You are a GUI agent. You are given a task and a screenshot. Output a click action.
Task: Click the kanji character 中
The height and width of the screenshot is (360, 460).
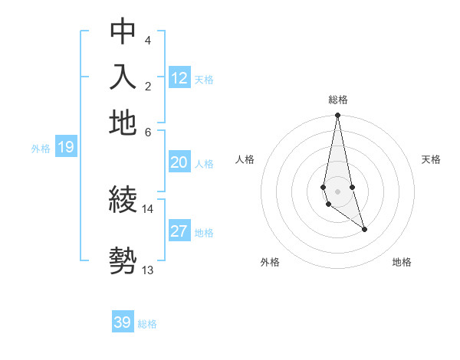pyautogui.click(x=123, y=31)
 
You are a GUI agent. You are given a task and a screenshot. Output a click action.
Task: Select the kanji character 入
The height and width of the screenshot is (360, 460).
pyautogui.click(x=123, y=77)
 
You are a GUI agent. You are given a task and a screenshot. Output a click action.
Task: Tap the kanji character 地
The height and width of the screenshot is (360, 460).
pyautogui.click(x=123, y=123)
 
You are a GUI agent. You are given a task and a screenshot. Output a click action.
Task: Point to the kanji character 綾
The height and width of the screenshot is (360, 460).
pyautogui.click(x=123, y=200)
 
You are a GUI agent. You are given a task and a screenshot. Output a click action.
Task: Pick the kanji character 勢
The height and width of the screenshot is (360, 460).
pyautogui.click(x=123, y=261)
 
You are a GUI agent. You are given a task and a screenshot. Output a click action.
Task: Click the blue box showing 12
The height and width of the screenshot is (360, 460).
pyautogui.click(x=179, y=78)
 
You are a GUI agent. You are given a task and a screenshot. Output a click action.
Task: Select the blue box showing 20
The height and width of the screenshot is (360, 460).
pyautogui.click(x=179, y=162)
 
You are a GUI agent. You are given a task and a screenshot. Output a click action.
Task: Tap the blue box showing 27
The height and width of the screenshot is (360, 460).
pyautogui.click(x=179, y=231)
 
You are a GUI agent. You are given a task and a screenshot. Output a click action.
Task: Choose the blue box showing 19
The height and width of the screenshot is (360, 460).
pyautogui.click(x=66, y=148)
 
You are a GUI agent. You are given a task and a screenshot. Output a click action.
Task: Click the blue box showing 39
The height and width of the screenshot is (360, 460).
pyautogui.click(x=123, y=322)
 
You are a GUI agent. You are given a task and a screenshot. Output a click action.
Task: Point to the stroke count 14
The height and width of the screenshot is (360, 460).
pyautogui.click(x=148, y=208)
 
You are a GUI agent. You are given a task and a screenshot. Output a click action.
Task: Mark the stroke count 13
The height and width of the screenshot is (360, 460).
pyautogui.click(x=148, y=269)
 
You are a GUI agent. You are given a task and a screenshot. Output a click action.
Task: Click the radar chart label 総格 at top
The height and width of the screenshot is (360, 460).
pyautogui.click(x=337, y=100)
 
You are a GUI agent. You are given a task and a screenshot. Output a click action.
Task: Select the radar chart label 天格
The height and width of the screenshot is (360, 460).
pyautogui.click(x=432, y=159)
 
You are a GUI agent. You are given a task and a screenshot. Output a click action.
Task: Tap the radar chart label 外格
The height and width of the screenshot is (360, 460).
pyautogui.click(x=270, y=262)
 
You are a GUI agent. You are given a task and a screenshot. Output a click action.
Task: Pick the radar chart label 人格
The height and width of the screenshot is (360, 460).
pyautogui.click(x=245, y=159)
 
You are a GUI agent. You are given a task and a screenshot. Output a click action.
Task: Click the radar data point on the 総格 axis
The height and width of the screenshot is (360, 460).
pyautogui.click(x=337, y=116)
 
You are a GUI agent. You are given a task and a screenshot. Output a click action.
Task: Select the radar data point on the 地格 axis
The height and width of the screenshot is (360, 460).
pyautogui.click(x=364, y=229)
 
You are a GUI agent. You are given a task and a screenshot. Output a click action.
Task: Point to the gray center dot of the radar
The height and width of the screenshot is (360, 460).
pyautogui.click(x=337, y=191)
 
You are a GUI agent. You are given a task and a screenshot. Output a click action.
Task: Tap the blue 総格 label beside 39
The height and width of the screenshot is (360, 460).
pyautogui.click(x=147, y=324)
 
